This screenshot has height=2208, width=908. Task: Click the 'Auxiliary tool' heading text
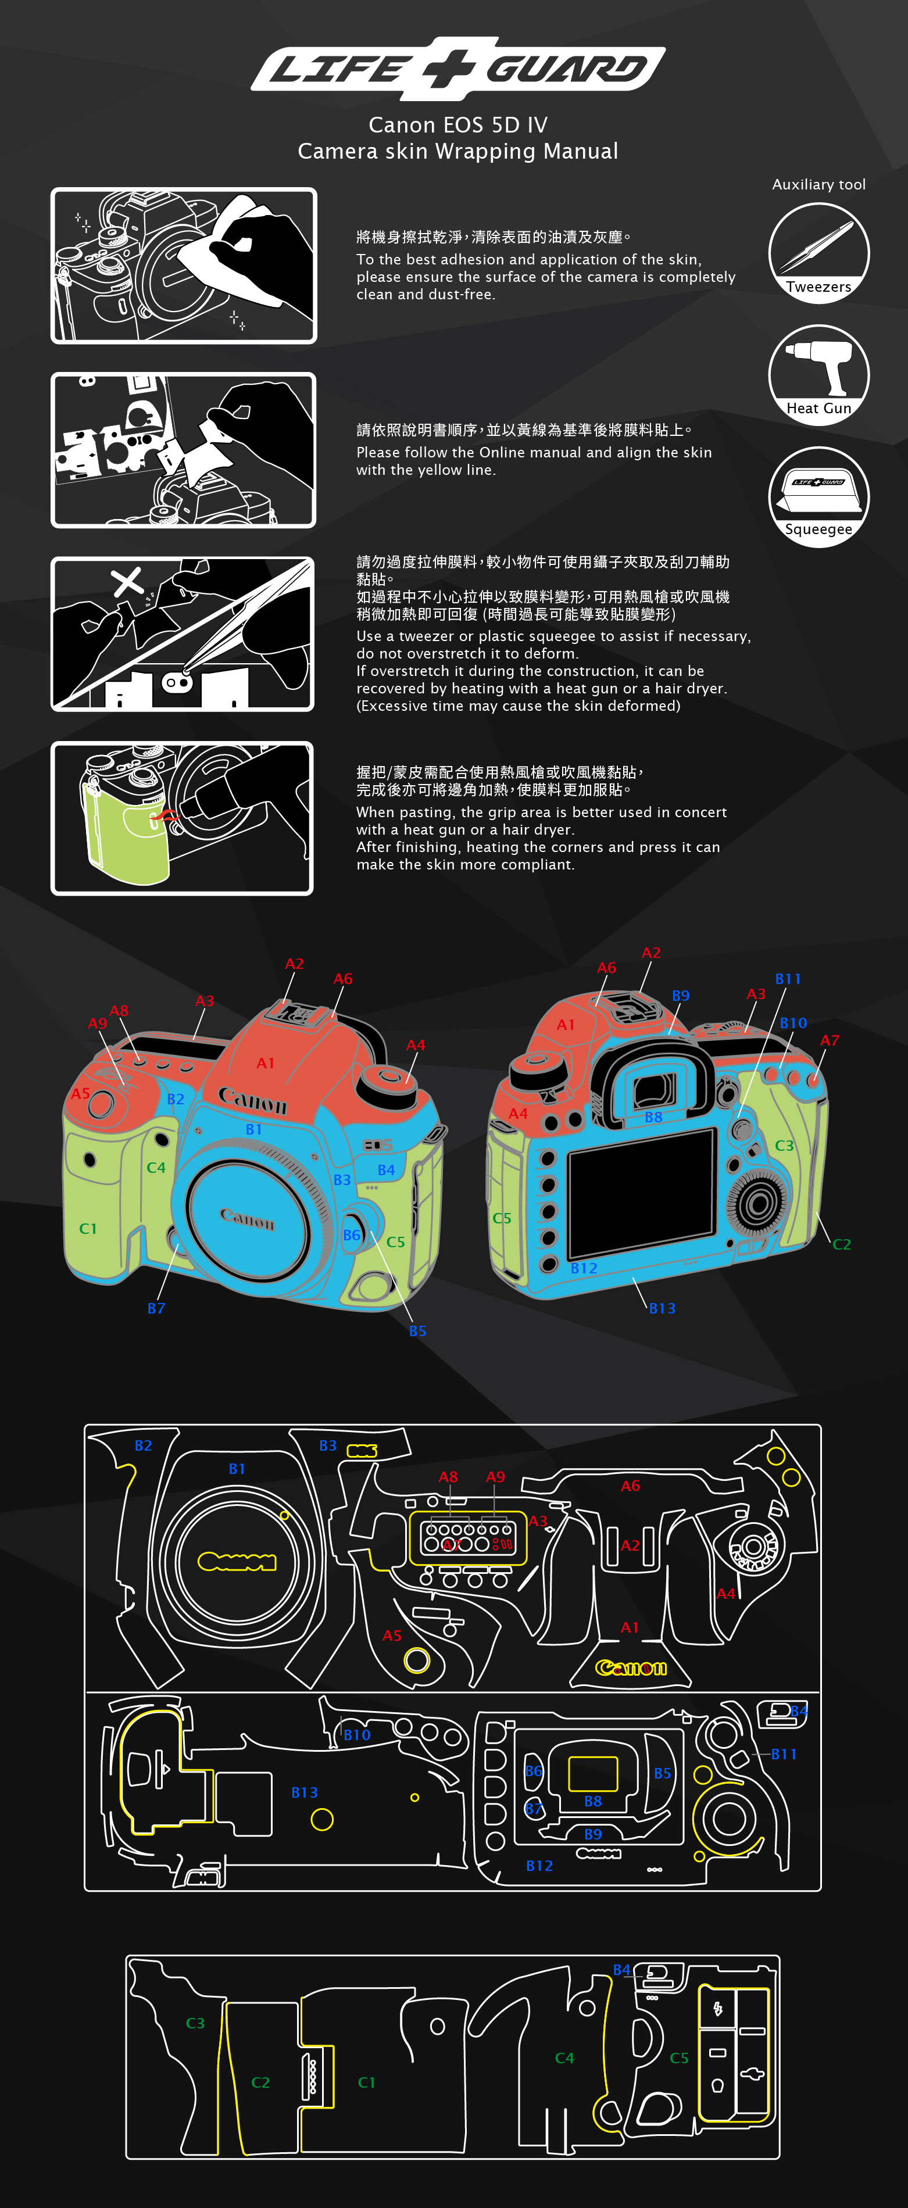[819, 184]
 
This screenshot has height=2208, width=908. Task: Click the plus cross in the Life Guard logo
[453, 69]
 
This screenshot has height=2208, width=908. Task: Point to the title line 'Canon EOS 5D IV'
[458, 125]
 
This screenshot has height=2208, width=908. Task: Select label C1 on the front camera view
[88, 1228]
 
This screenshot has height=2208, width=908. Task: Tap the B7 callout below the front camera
[156, 1308]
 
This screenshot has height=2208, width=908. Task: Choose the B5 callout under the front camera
[417, 1331]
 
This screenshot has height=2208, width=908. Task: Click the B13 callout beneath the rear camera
[662, 1308]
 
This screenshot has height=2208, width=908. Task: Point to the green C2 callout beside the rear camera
[842, 1244]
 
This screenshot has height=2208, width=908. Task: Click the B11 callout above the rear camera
[788, 979]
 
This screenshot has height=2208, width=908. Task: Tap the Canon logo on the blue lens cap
[247, 1218]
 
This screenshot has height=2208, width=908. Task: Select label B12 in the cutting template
[539, 1865]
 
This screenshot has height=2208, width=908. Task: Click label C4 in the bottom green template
[564, 2058]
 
